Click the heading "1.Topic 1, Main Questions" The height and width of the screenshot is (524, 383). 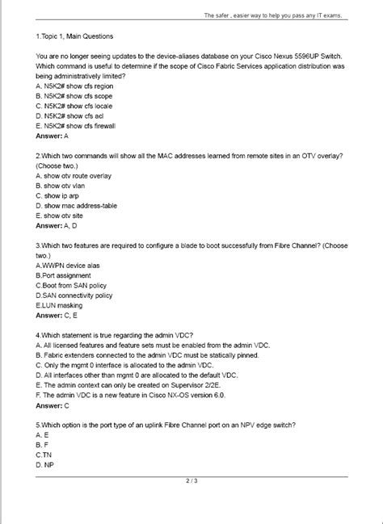[x=74, y=36]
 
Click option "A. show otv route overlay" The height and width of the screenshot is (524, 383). [x=74, y=174]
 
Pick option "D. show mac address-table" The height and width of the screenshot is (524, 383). [x=76, y=205]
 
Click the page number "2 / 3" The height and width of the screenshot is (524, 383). [x=191, y=482]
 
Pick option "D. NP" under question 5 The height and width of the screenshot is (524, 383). [x=45, y=465]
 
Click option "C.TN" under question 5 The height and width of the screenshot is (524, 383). [x=44, y=455]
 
